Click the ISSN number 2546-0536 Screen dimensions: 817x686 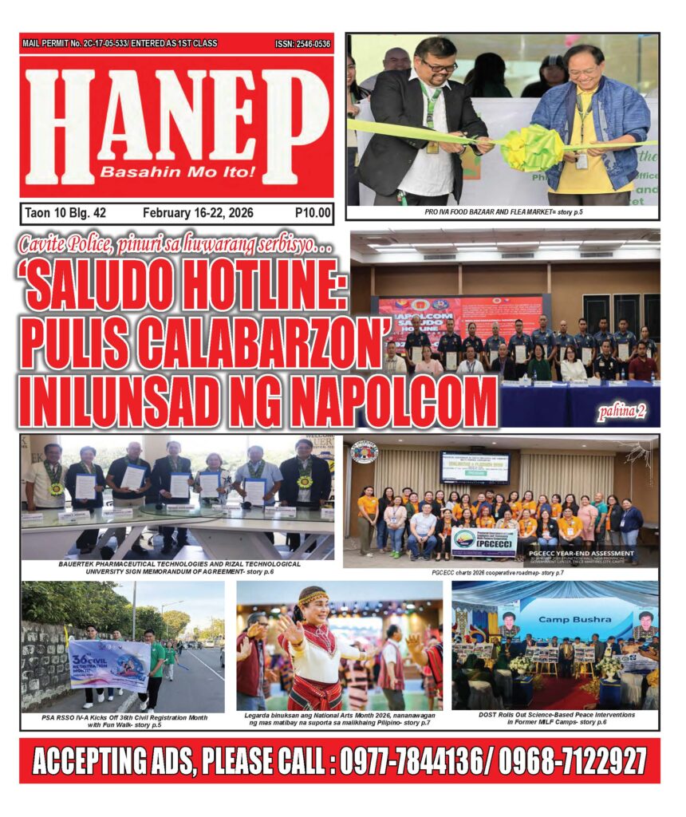coord(302,44)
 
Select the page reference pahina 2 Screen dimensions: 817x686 coord(623,412)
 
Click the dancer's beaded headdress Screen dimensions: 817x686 coord(313,597)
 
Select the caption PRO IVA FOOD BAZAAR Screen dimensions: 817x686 coord(503,212)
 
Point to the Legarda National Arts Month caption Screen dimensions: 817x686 coord(339,720)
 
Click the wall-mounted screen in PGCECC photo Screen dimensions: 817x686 coord(475,468)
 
